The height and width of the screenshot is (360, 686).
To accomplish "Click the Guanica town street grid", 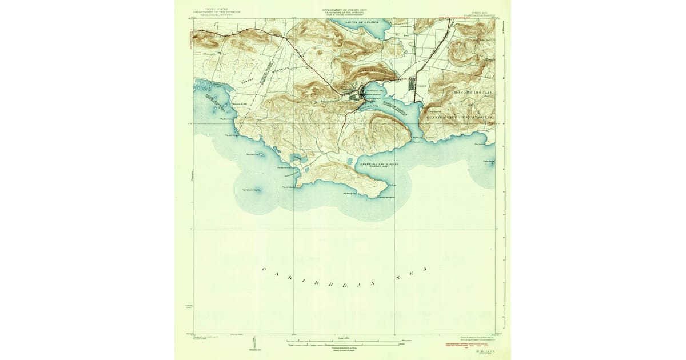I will (x=413, y=85).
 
